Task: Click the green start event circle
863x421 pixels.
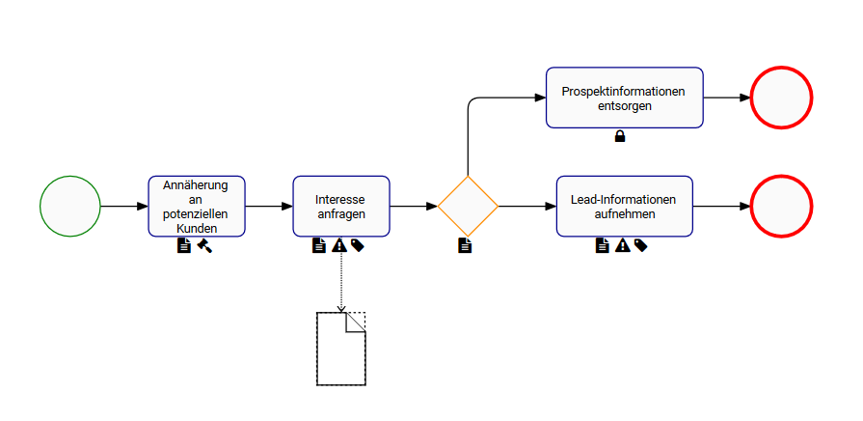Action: click(x=70, y=207)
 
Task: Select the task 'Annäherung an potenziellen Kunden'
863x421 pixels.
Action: click(x=197, y=206)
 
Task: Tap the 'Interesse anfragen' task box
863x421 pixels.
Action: click(x=341, y=206)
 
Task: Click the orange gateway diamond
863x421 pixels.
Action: click(x=468, y=207)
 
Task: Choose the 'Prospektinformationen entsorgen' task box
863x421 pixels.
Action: click(x=625, y=98)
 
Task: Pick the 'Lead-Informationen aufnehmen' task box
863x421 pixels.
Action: click(x=625, y=206)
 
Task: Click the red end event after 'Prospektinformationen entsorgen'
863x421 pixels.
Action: click(x=780, y=98)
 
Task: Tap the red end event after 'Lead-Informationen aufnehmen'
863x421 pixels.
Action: click(x=780, y=207)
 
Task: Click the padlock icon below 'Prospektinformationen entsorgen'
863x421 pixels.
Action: click(x=620, y=136)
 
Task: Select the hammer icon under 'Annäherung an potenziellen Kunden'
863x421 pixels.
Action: click(x=204, y=245)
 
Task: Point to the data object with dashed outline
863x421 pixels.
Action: click(x=341, y=349)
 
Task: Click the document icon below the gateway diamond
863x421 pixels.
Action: click(x=465, y=245)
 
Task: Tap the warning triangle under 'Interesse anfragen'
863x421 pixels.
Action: click(x=338, y=245)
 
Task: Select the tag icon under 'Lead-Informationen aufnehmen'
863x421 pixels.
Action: click(x=640, y=245)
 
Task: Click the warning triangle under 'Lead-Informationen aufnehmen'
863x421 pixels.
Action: click(x=622, y=245)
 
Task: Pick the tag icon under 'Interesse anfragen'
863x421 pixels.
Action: click(x=357, y=245)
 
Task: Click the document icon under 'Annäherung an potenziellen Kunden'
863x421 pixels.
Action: click(x=184, y=245)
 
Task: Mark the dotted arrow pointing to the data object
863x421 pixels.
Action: click(x=341, y=280)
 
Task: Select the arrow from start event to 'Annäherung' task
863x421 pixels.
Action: click(x=123, y=207)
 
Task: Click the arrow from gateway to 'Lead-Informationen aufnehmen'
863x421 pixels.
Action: click(x=526, y=207)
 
